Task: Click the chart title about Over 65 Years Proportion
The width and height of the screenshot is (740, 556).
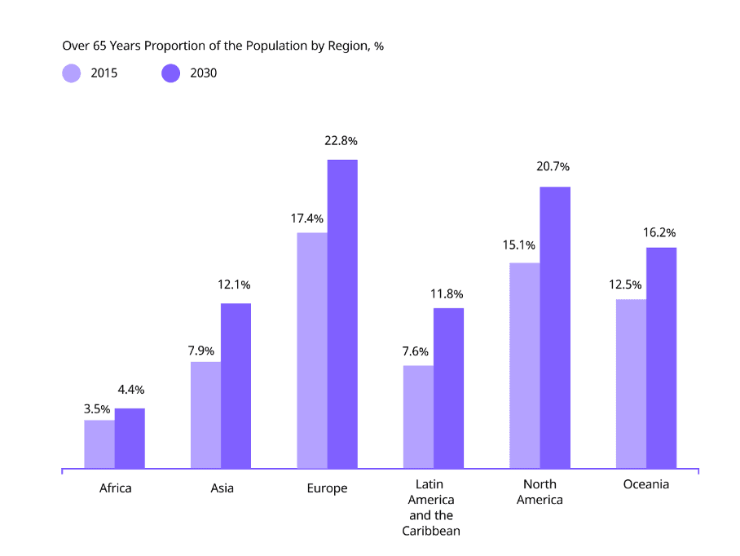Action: pyautogui.click(x=222, y=46)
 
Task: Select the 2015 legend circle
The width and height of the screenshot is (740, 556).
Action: pyautogui.click(x=72, y=73)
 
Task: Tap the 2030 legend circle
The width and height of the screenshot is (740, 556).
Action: pyautogui.click(x=170, y=73)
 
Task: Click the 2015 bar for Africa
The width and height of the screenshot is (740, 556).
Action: pyautogui.click(x=99, y=444)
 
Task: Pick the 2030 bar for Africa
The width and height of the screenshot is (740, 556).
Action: pyautogui.click(x=130, y=439)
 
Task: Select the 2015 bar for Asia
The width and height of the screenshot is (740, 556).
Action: pyautogui.click(x=205, y=415)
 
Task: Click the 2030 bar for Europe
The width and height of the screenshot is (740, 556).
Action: pyautogui.click(x=342, y=314)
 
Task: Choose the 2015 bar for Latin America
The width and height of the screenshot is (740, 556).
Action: pyautogui.click(x=418, y=417)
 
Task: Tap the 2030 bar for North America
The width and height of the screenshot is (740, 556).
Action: pyautogui.click(x=555, y=328)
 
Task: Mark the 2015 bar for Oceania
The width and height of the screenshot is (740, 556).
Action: pyautogui.click(x=631, y=384)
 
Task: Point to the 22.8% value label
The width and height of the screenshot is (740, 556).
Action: pyautogui.click(x=341, y=141)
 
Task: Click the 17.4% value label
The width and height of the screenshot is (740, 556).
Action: pyautogui.click(x=307, y=218)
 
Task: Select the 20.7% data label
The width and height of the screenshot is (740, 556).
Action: pyautogui.click(x=553, y=167)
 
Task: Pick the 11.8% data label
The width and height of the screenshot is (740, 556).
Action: pyautogui.click(x=447, y=293)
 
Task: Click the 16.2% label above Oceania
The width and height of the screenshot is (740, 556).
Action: pyautogui.click(x=659, y=232)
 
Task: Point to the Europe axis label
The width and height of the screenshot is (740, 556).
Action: pyautogui.click(x=327, y=488)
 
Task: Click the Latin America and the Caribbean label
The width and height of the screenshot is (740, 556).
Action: pyautogui.click(x=431, y=507)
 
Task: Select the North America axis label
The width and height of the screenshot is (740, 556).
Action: pyautogui.click(x=540, y=492)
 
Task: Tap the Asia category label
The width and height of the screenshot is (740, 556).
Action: pyautogui.click(x=222, y=488)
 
